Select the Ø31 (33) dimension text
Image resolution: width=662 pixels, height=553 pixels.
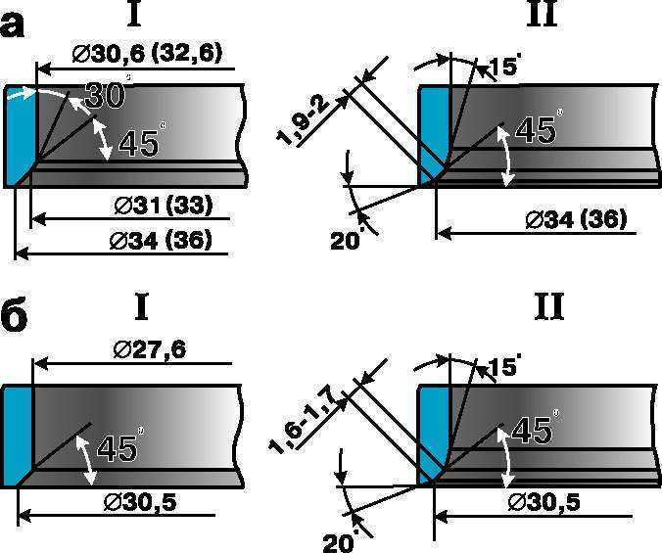pyautogui.click(x=164, y=207)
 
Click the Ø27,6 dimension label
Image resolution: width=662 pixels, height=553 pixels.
pyautogui.click(x=150, y=350)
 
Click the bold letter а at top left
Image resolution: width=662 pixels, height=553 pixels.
pyautogui.click(x=12, y=26)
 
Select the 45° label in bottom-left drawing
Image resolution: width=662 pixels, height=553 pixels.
pyautogui.click(x=119, y=446)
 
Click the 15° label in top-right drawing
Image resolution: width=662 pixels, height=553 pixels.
pyautogui.click(x=502, y=67)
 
